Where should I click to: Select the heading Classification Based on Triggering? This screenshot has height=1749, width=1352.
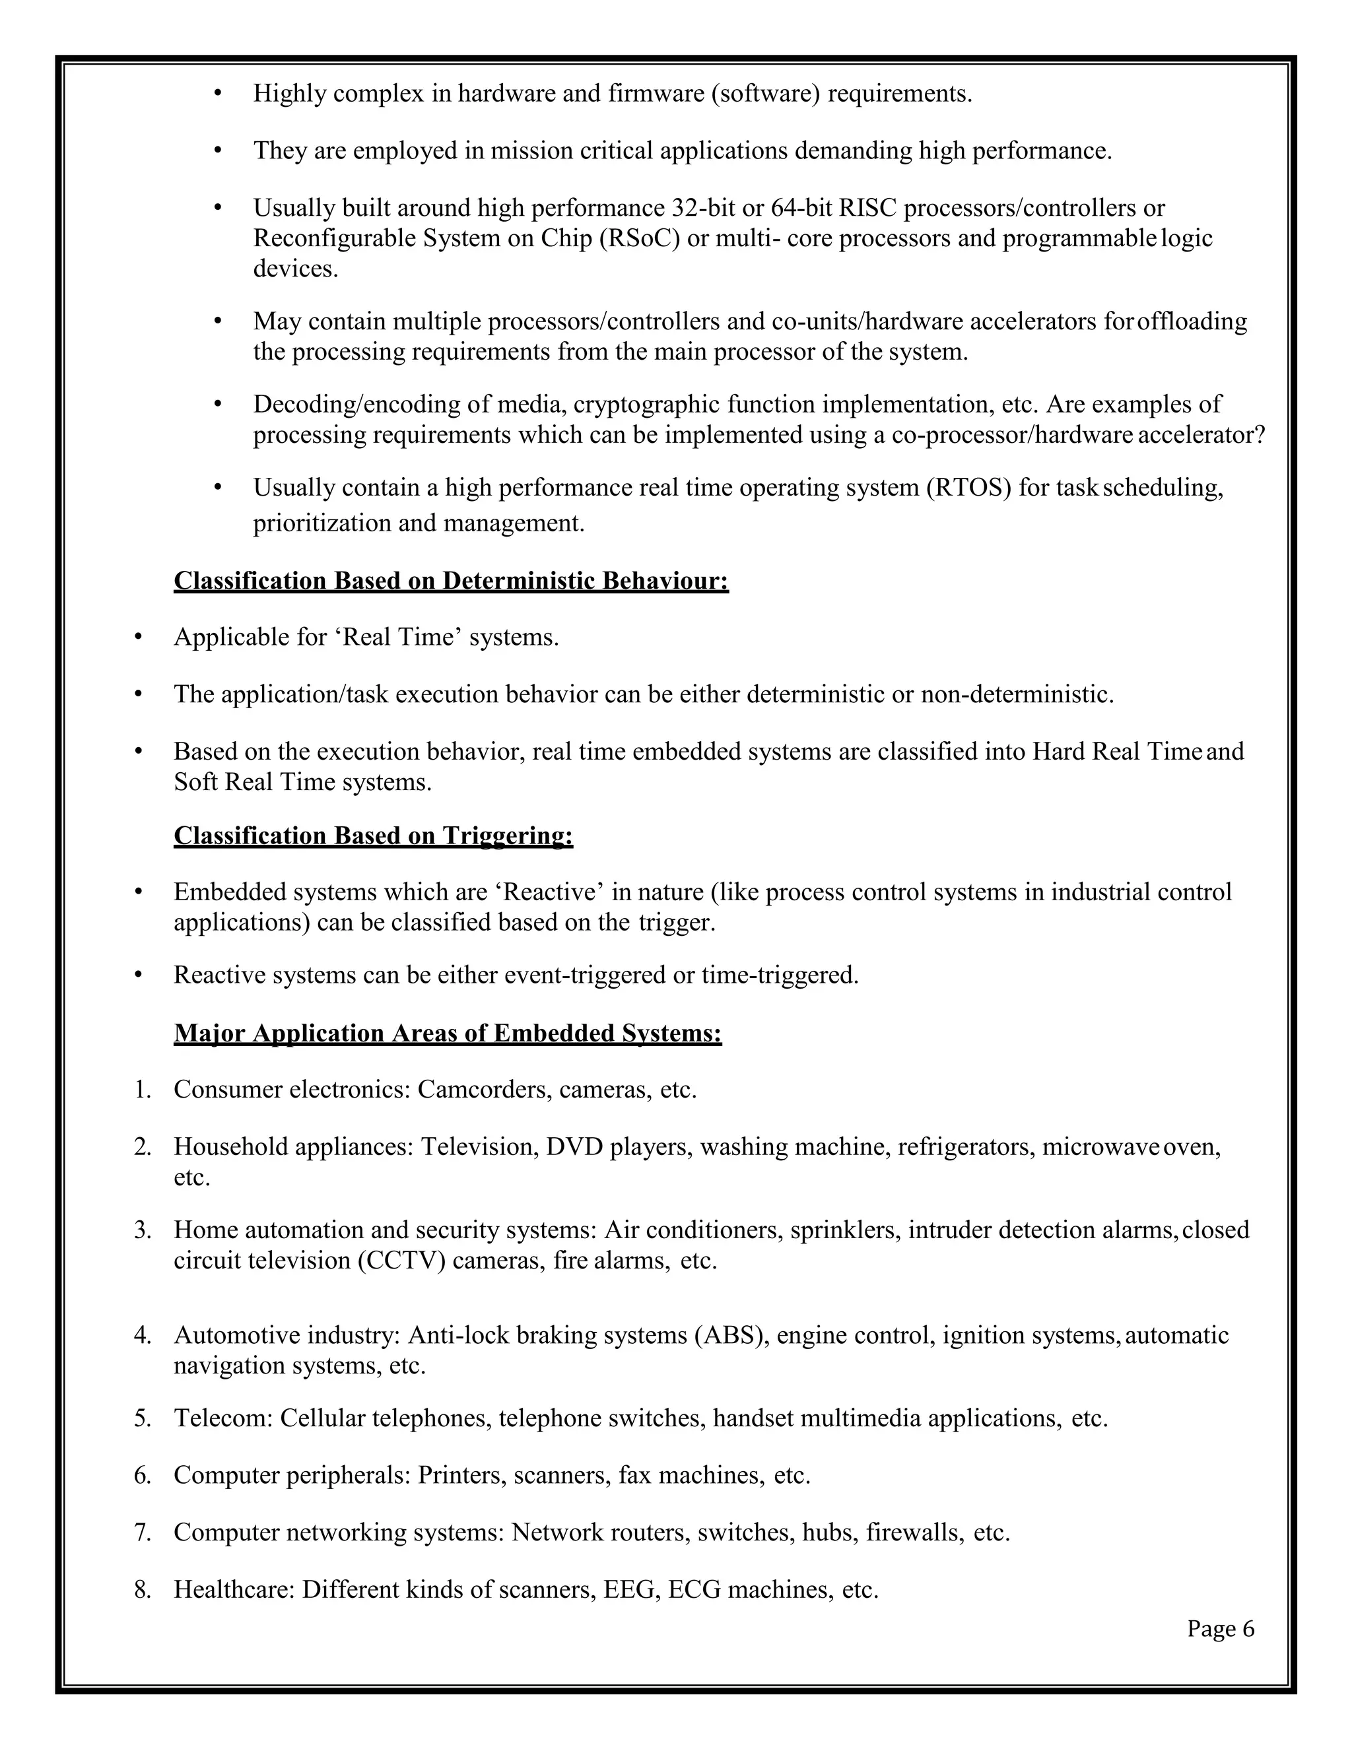pyautogui.click(x=373, y=836)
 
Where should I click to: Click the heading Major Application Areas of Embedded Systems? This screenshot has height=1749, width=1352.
pyautogui.click(x=448, y=1033)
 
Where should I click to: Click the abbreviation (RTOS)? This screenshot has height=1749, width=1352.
pyautogui.click(x=968, y=487)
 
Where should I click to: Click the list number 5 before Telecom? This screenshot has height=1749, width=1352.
pyautogui.click(x=143, y=1418)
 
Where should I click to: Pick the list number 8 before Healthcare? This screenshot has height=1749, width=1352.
pyautogui.click(x=143, y=1590)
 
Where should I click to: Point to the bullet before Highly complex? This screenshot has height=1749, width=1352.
pyautogui.click(x=218, y=94)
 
